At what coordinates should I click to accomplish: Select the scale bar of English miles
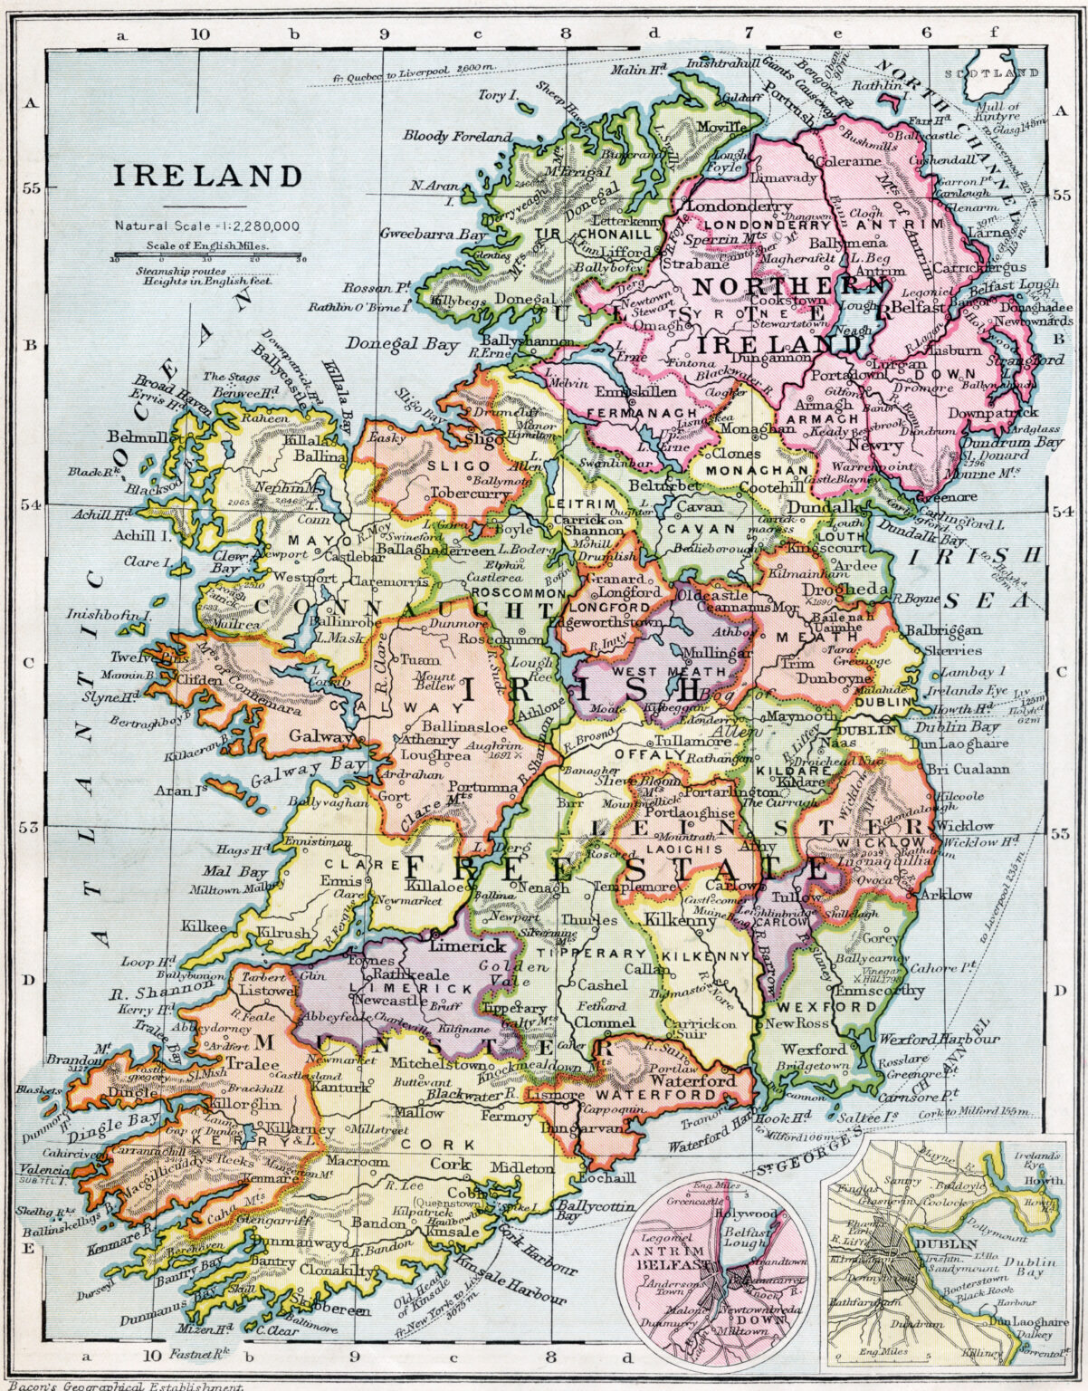click(x=207, y=257)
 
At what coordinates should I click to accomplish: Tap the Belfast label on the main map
click(x=917, y=307)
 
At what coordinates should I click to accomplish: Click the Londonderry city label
click(x=727, y=206)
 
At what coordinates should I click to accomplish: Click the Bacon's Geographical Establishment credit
click(x=122, y=1385)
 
